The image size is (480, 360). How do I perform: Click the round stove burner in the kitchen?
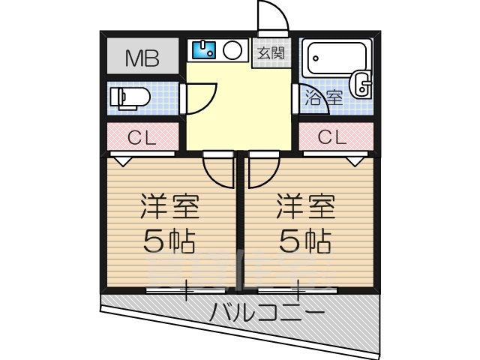coord(232,50)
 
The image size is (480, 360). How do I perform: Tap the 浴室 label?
coord(323,97)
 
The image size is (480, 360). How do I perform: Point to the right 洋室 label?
coord(304,205)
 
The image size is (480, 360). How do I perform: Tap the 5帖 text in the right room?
coord(304,241)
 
